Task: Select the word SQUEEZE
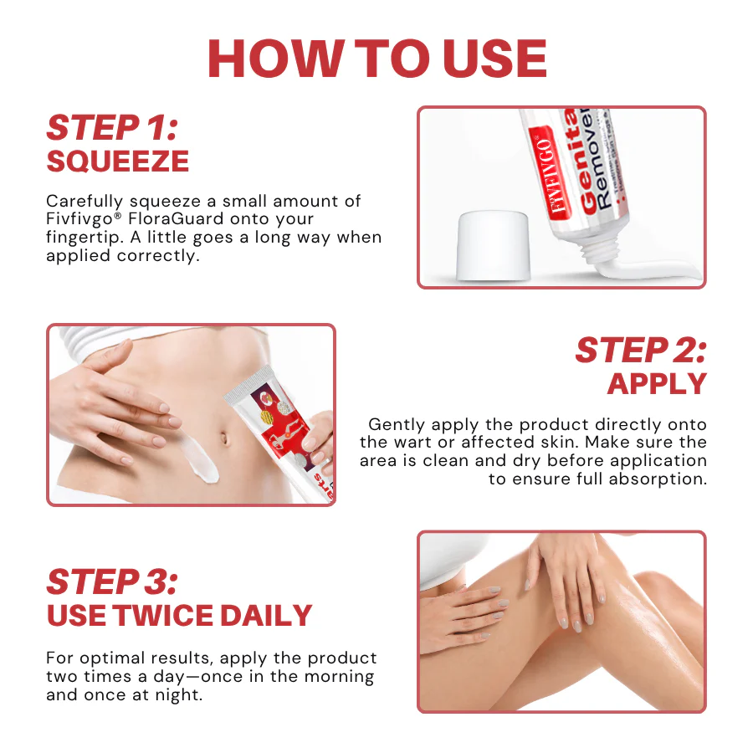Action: point(117,161)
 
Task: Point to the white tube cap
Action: point(493,246)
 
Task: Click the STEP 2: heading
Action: point(640,351)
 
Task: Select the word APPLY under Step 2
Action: point(657,383)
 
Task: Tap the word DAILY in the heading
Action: point(266,615)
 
